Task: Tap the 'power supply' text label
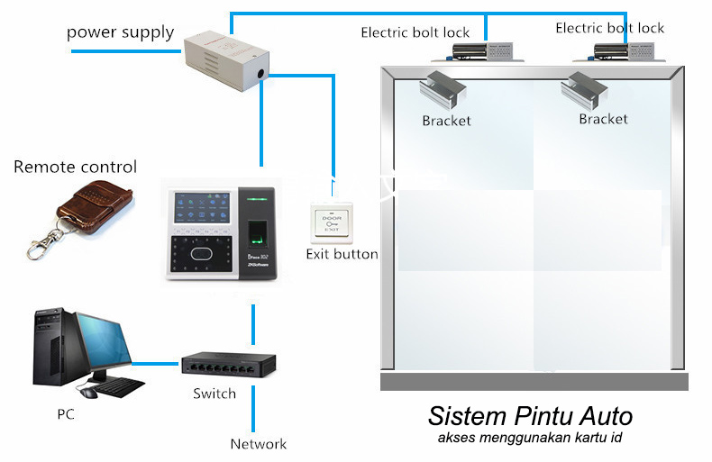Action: tap(120, 33)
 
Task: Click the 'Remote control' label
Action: tap(76, 168)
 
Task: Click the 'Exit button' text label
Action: tap(342, 255)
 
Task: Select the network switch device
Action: tap(220, 365)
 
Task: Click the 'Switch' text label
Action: tap(215, 394)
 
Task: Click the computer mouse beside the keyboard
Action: tap(88, 393)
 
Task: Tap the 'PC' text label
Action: tap(65, 414)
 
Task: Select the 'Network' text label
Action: tap(258, 444)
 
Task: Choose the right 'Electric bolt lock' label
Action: tap(609, 29)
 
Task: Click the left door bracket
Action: tap(443, 88)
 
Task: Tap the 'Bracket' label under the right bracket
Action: tap(603, 119)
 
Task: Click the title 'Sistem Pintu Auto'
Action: tap(530, 418)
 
